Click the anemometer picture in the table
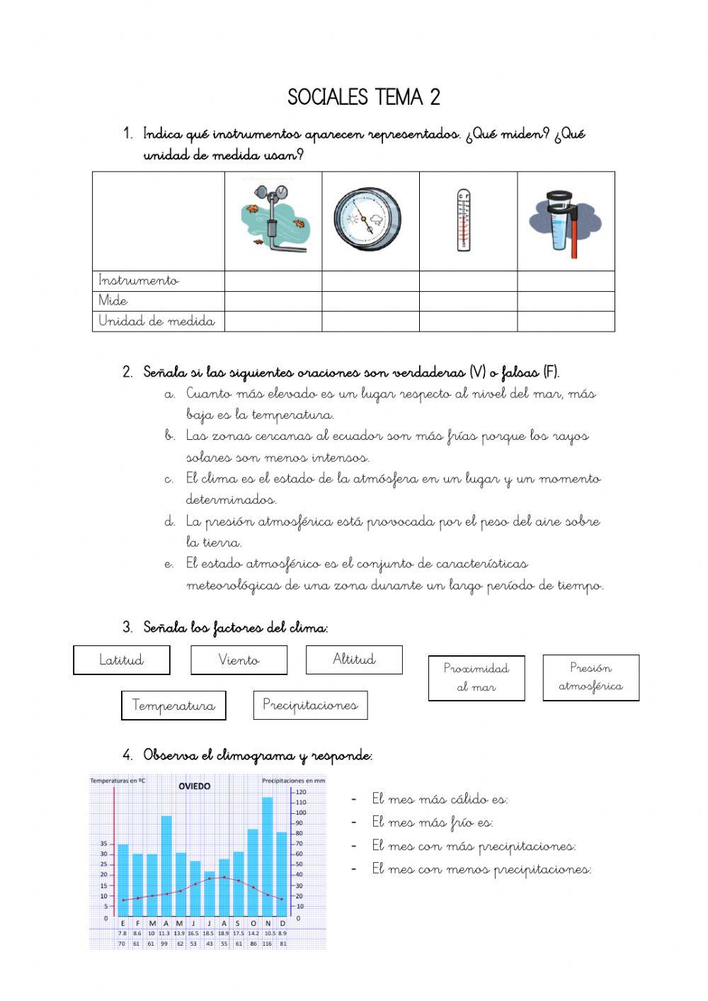point(273,220)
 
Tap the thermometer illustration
point(463,220)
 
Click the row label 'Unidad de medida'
point(156,321)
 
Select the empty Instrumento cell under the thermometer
point(468,281)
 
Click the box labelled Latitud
point(122,660)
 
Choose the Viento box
point(239,660)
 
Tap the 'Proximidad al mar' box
point(476,677)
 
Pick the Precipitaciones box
point(310,705)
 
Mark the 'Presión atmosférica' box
point(590,677)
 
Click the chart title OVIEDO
point(194,786)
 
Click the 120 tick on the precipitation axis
point(300,791)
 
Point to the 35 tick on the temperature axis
point(103,844)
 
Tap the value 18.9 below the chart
point(224,934)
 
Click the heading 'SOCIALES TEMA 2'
point(364,97)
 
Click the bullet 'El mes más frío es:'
point(432,822)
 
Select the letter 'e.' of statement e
point(169,565)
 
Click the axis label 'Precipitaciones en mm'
point(294,781)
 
